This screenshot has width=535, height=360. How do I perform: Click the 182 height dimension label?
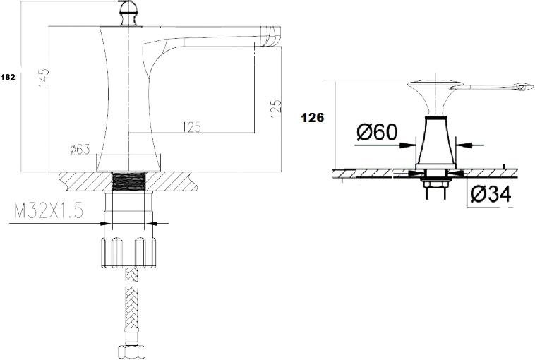pos(8,77)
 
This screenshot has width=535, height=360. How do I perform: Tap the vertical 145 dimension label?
pos(44,78)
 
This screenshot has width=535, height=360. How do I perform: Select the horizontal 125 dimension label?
pos(192,127)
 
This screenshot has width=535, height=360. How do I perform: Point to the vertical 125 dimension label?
pos(276,109)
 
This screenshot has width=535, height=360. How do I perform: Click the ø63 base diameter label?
pos(80,149)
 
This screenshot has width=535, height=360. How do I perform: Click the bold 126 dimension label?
pos(312,118)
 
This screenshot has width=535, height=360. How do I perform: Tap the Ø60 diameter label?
pos(377,132)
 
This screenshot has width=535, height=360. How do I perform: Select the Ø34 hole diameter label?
pos(491,194)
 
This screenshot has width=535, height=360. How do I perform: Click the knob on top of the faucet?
pos(128,14)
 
